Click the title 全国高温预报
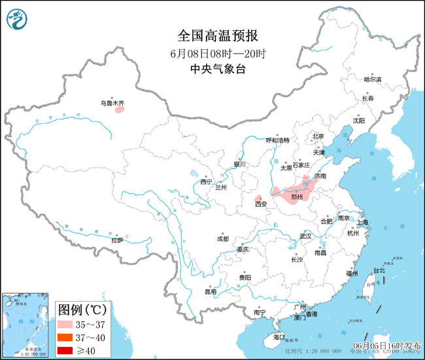212,35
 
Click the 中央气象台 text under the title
212,67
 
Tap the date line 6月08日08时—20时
212,52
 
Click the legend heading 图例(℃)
84,309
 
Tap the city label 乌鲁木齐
112,103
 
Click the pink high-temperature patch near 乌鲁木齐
120,110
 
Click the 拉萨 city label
116,240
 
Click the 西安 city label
261,204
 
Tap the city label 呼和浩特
277,140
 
